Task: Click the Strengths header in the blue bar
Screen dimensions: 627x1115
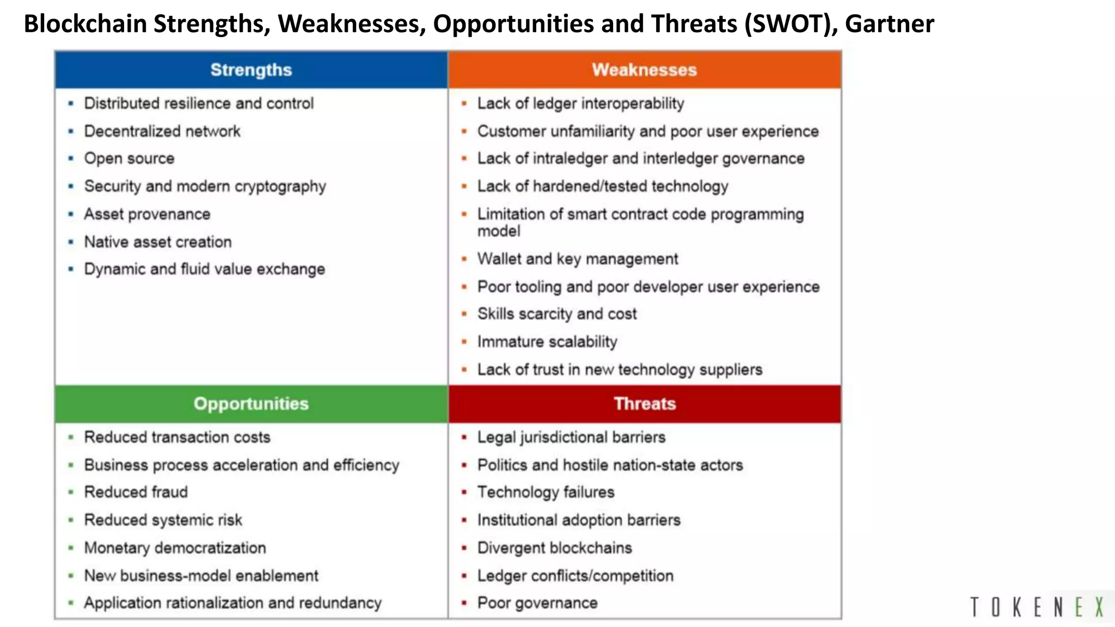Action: [251, 70]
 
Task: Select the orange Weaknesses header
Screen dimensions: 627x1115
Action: [644, 70]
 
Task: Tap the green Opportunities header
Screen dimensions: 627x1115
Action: [251, 403]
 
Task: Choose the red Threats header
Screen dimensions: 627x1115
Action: [645, 403]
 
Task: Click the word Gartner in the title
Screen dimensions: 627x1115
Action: [889, 24]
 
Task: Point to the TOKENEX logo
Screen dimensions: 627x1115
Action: [1037, 607]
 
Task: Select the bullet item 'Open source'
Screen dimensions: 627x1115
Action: [129, 158]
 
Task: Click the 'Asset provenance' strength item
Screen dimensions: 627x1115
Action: [147, 214]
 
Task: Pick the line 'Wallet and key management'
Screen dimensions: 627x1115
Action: [577, 259]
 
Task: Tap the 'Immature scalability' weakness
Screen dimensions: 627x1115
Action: [547, 342]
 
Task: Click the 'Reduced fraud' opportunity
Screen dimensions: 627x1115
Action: [136, 492]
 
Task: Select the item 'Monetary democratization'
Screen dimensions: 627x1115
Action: [175, 548]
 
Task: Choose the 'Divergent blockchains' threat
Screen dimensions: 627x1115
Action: [554, 548]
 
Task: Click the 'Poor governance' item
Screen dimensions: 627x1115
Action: [537, 603]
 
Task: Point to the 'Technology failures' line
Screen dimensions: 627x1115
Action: [546, 492]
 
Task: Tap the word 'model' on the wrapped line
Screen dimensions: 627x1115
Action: [499, 231]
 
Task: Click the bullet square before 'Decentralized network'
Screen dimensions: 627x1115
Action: [71, 131]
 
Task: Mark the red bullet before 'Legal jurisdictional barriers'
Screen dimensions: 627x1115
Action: [464, 437]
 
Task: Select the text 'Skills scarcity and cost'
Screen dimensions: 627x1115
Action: [556, 314]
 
